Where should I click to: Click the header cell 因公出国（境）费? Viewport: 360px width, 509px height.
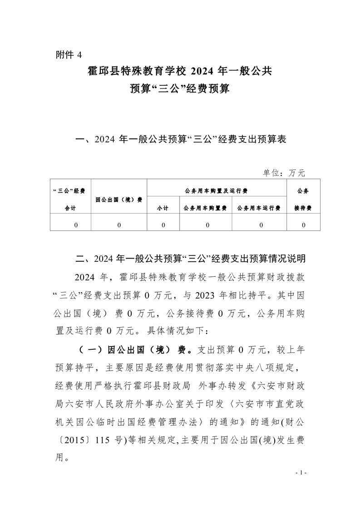coord(119,199)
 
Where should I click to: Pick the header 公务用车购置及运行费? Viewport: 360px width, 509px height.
coord(217,191)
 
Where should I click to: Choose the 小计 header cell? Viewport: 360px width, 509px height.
coord(163,208)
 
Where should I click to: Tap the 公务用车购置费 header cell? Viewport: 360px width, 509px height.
coord(205,208)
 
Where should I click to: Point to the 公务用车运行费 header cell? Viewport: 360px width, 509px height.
coord(259,208)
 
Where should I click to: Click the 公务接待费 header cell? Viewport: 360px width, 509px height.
coord(303,199)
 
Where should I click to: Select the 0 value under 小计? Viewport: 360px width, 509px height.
coord(163,225)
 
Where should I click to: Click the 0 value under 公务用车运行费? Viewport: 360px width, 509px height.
coord(261,225)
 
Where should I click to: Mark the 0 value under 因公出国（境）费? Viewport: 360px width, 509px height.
coord(119,225)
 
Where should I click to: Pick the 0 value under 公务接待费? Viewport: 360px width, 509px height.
coord(303,225)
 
